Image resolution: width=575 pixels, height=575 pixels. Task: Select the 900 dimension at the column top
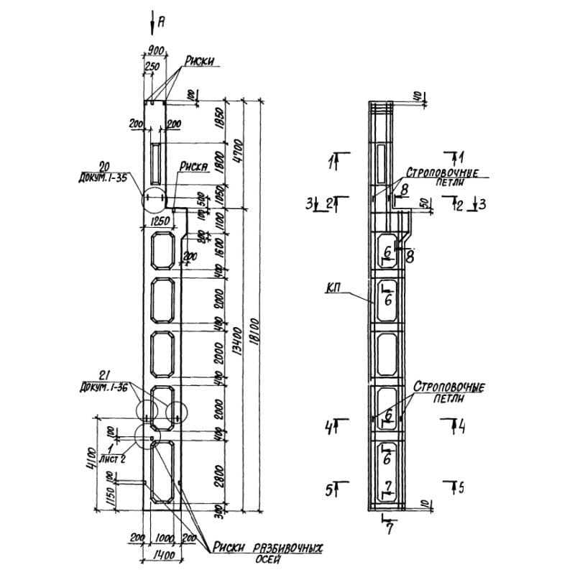(155, 50)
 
